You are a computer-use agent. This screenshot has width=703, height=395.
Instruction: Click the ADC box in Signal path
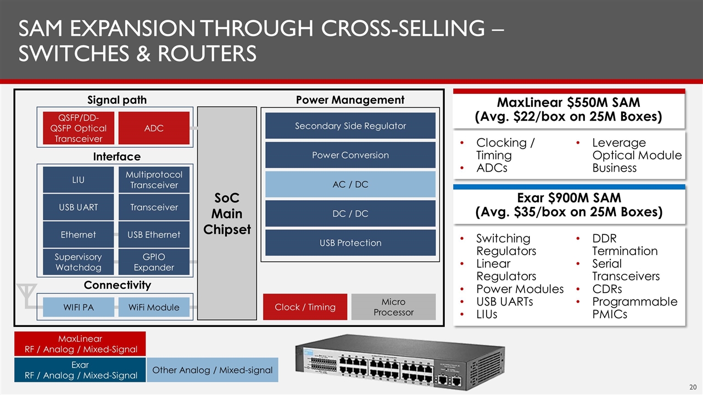click(x=154, y=128)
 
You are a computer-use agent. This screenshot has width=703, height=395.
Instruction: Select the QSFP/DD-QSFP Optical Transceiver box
click(x=78, y=128)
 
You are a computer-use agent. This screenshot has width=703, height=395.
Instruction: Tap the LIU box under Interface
click(x=78, y=179)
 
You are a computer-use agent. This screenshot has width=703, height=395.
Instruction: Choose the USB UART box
click(x=78, y=207)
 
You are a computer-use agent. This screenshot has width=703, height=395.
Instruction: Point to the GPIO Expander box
click(x=154, y=262)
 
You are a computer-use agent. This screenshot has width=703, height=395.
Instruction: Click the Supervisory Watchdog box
click(x=78, y=262)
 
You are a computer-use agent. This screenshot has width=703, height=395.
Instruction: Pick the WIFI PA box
click(x=78, y=307)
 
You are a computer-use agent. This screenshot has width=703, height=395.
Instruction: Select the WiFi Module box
click(x=154, y=307)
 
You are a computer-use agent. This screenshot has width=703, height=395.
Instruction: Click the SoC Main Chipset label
click(x=227, y=213)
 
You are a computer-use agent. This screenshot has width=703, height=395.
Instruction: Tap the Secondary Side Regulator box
click(x=350, y=126)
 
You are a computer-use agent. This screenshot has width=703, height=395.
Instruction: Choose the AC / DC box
click(x=350, y=184)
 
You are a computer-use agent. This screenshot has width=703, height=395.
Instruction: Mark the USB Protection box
click(x=350, y=242)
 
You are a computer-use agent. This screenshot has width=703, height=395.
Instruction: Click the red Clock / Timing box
click(x=305, y=307)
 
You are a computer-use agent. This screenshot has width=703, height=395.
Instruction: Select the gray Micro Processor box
click(x=393, y=307)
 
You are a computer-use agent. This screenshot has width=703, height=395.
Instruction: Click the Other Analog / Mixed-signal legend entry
click(x=213, y=370)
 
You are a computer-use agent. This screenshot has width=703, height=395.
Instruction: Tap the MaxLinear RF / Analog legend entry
click(x=80, y=344)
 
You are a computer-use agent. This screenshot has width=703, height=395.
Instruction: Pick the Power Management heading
click(x=350, y=100)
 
